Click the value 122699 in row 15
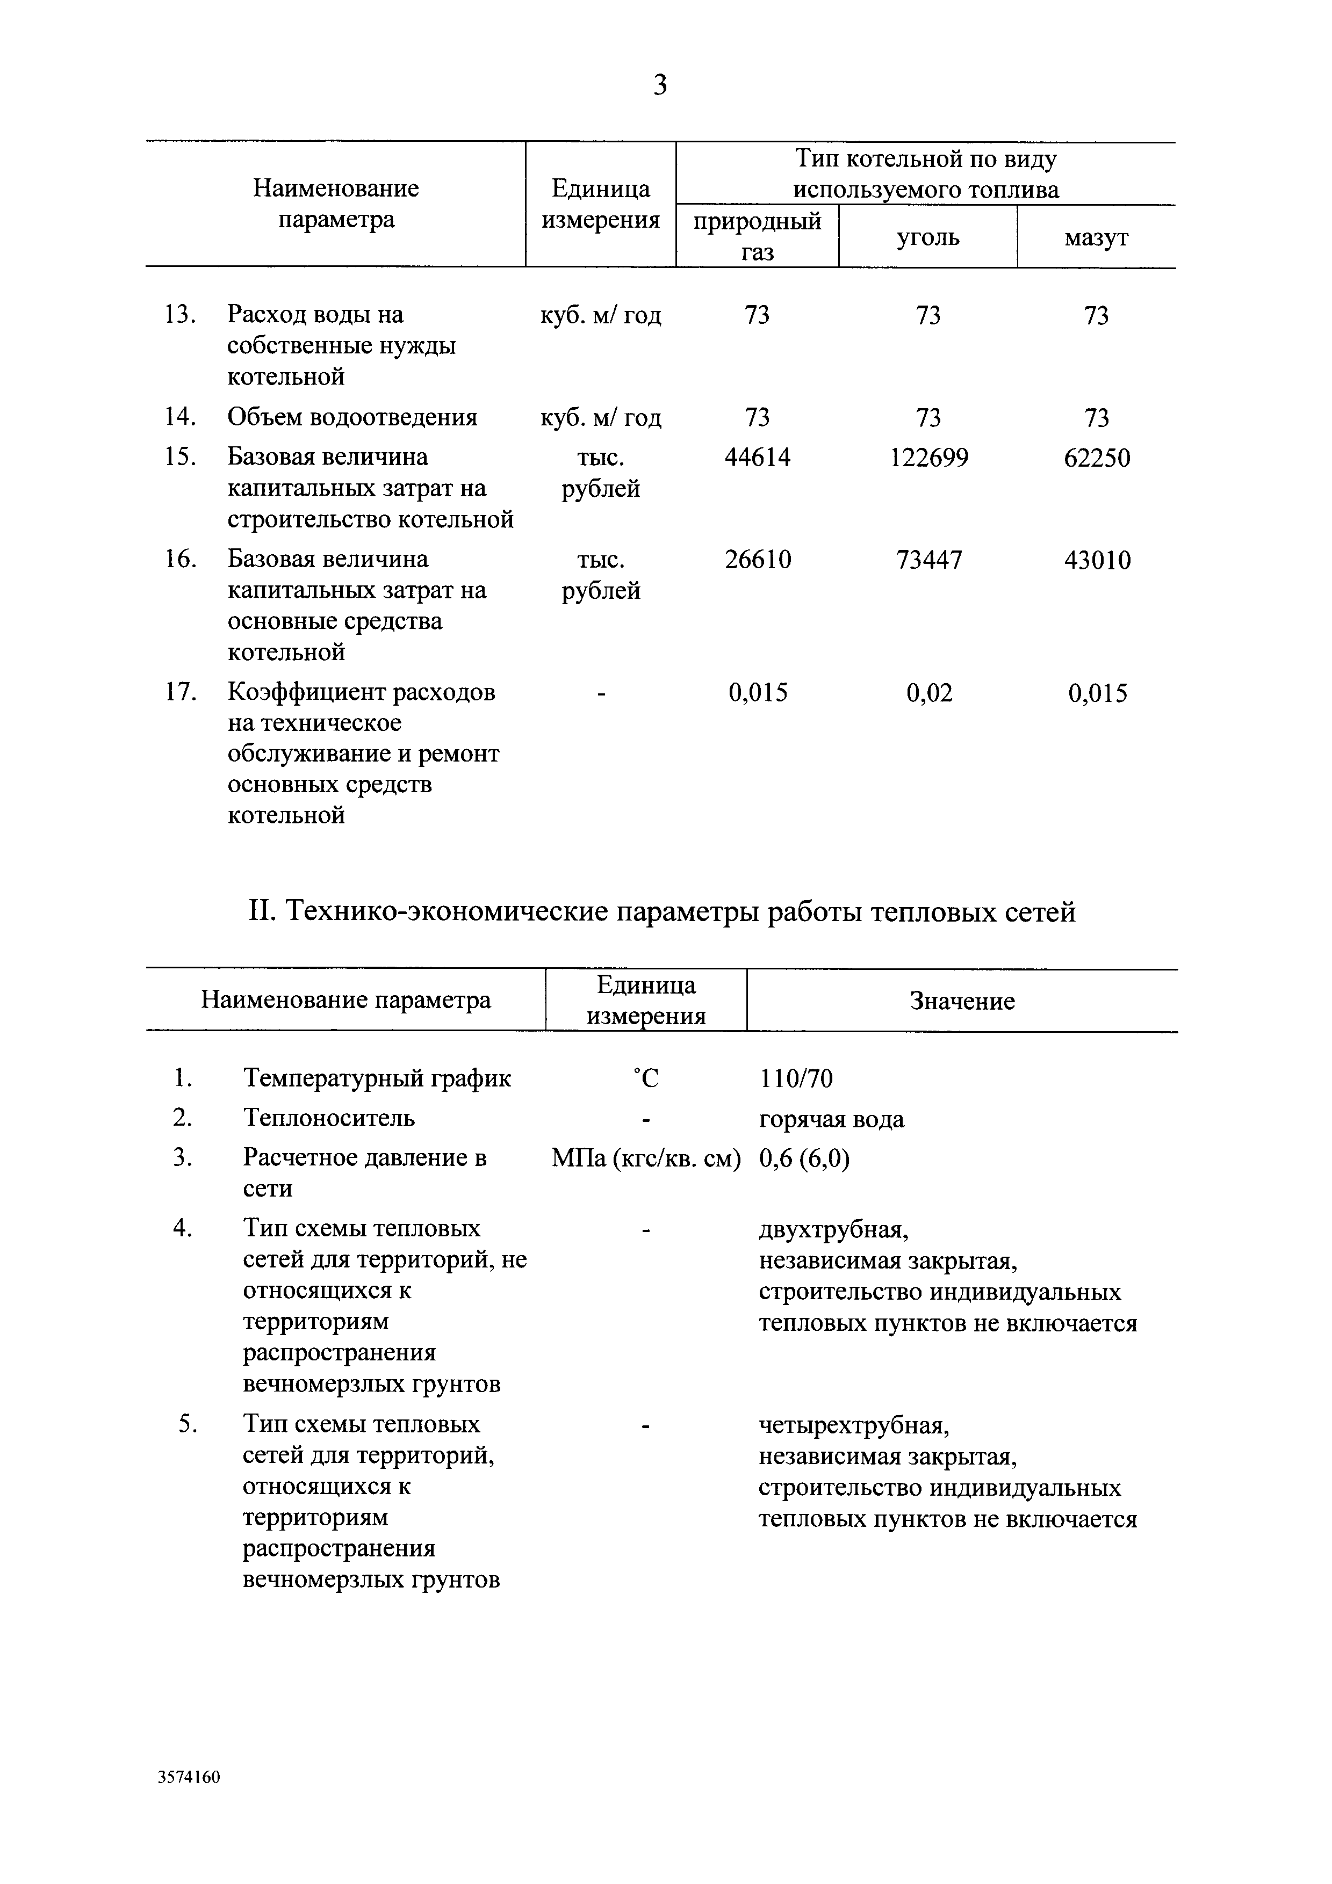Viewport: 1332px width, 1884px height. point(929,458)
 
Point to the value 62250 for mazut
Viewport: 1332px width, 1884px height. point(1097,458)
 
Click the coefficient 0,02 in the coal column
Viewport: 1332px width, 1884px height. point(929,693)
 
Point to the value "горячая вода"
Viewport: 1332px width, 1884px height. point(831,1119)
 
